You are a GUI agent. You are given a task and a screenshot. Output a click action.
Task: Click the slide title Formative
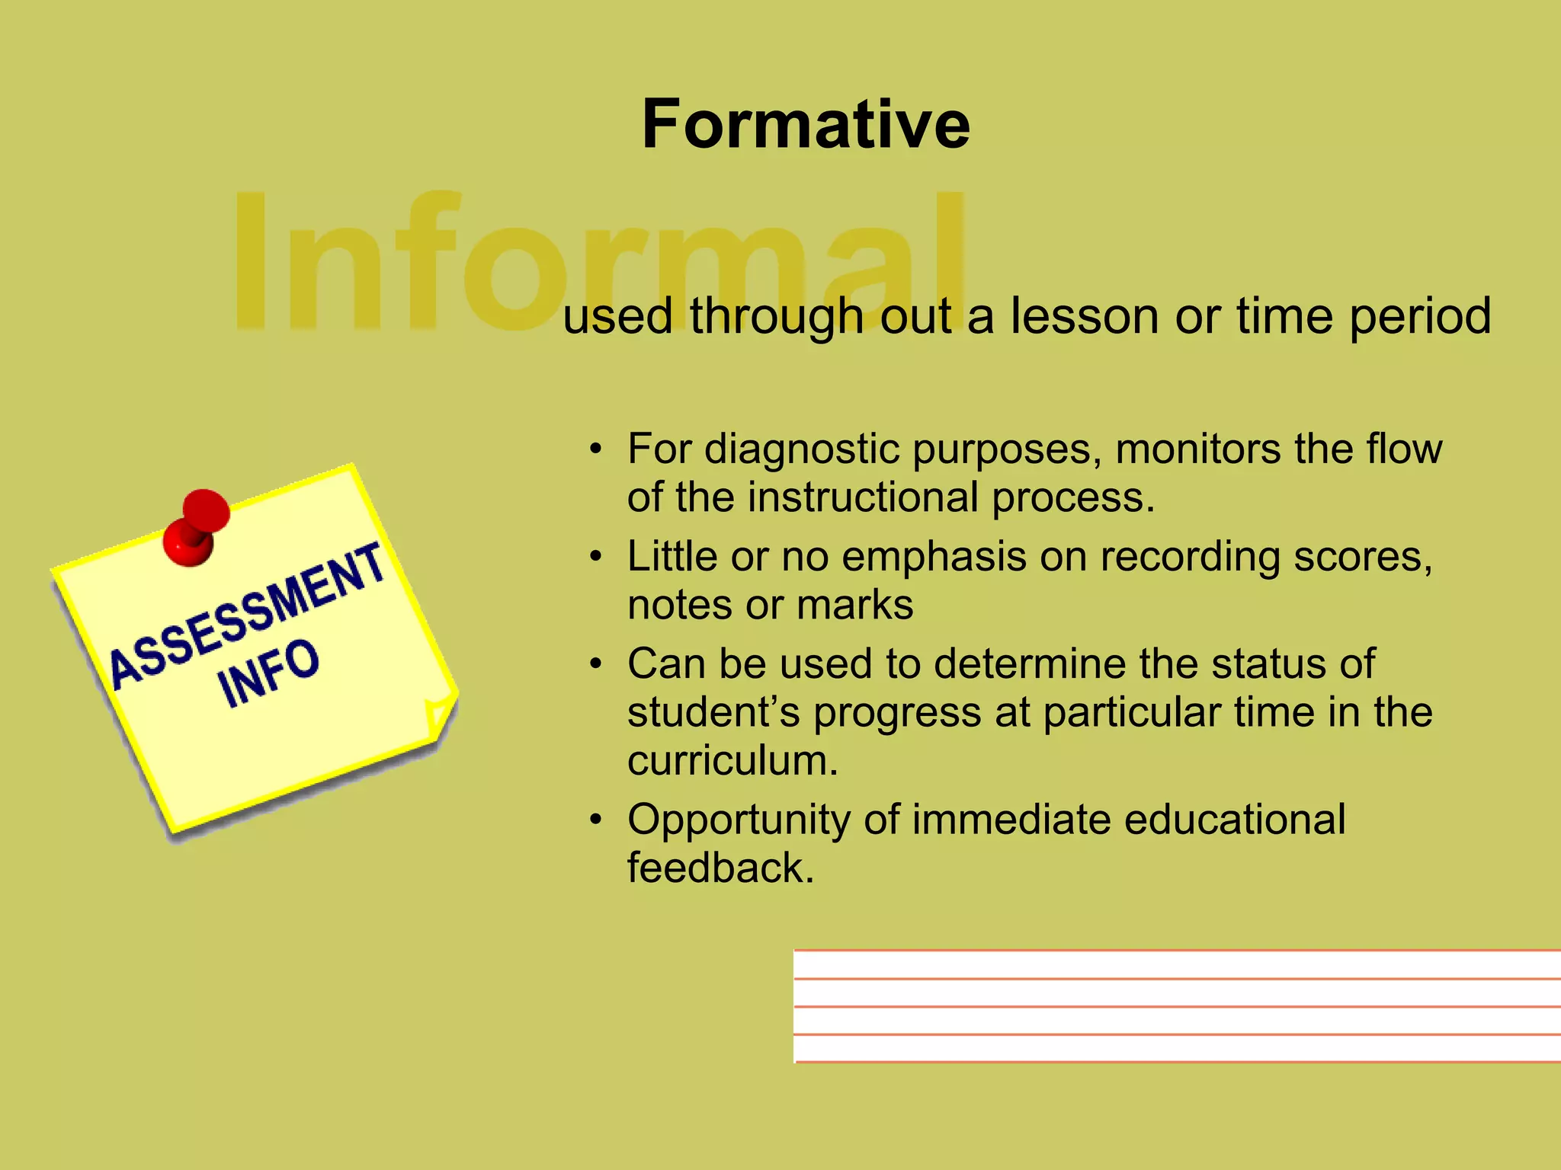pyautogui.click(x=806, y=124)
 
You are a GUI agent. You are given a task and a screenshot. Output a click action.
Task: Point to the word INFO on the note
pyautogui.click(x=268, y=673)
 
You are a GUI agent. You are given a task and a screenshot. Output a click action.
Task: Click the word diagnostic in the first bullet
pyautogui.click(x=802, y=449)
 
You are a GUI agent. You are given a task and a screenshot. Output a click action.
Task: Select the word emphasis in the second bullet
pyautogui.click(x=934, y=557)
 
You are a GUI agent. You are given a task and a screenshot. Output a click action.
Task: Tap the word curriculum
pyautogui.click(x=732, y=760)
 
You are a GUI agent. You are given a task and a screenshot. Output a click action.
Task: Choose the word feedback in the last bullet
pyautogui.click(x=720, y=868)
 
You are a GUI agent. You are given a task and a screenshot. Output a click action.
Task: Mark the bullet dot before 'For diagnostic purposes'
pyautogui.click(x=596, y=449)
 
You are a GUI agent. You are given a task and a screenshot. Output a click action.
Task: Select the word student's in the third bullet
pyautogui.click(x=713, y=712)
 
